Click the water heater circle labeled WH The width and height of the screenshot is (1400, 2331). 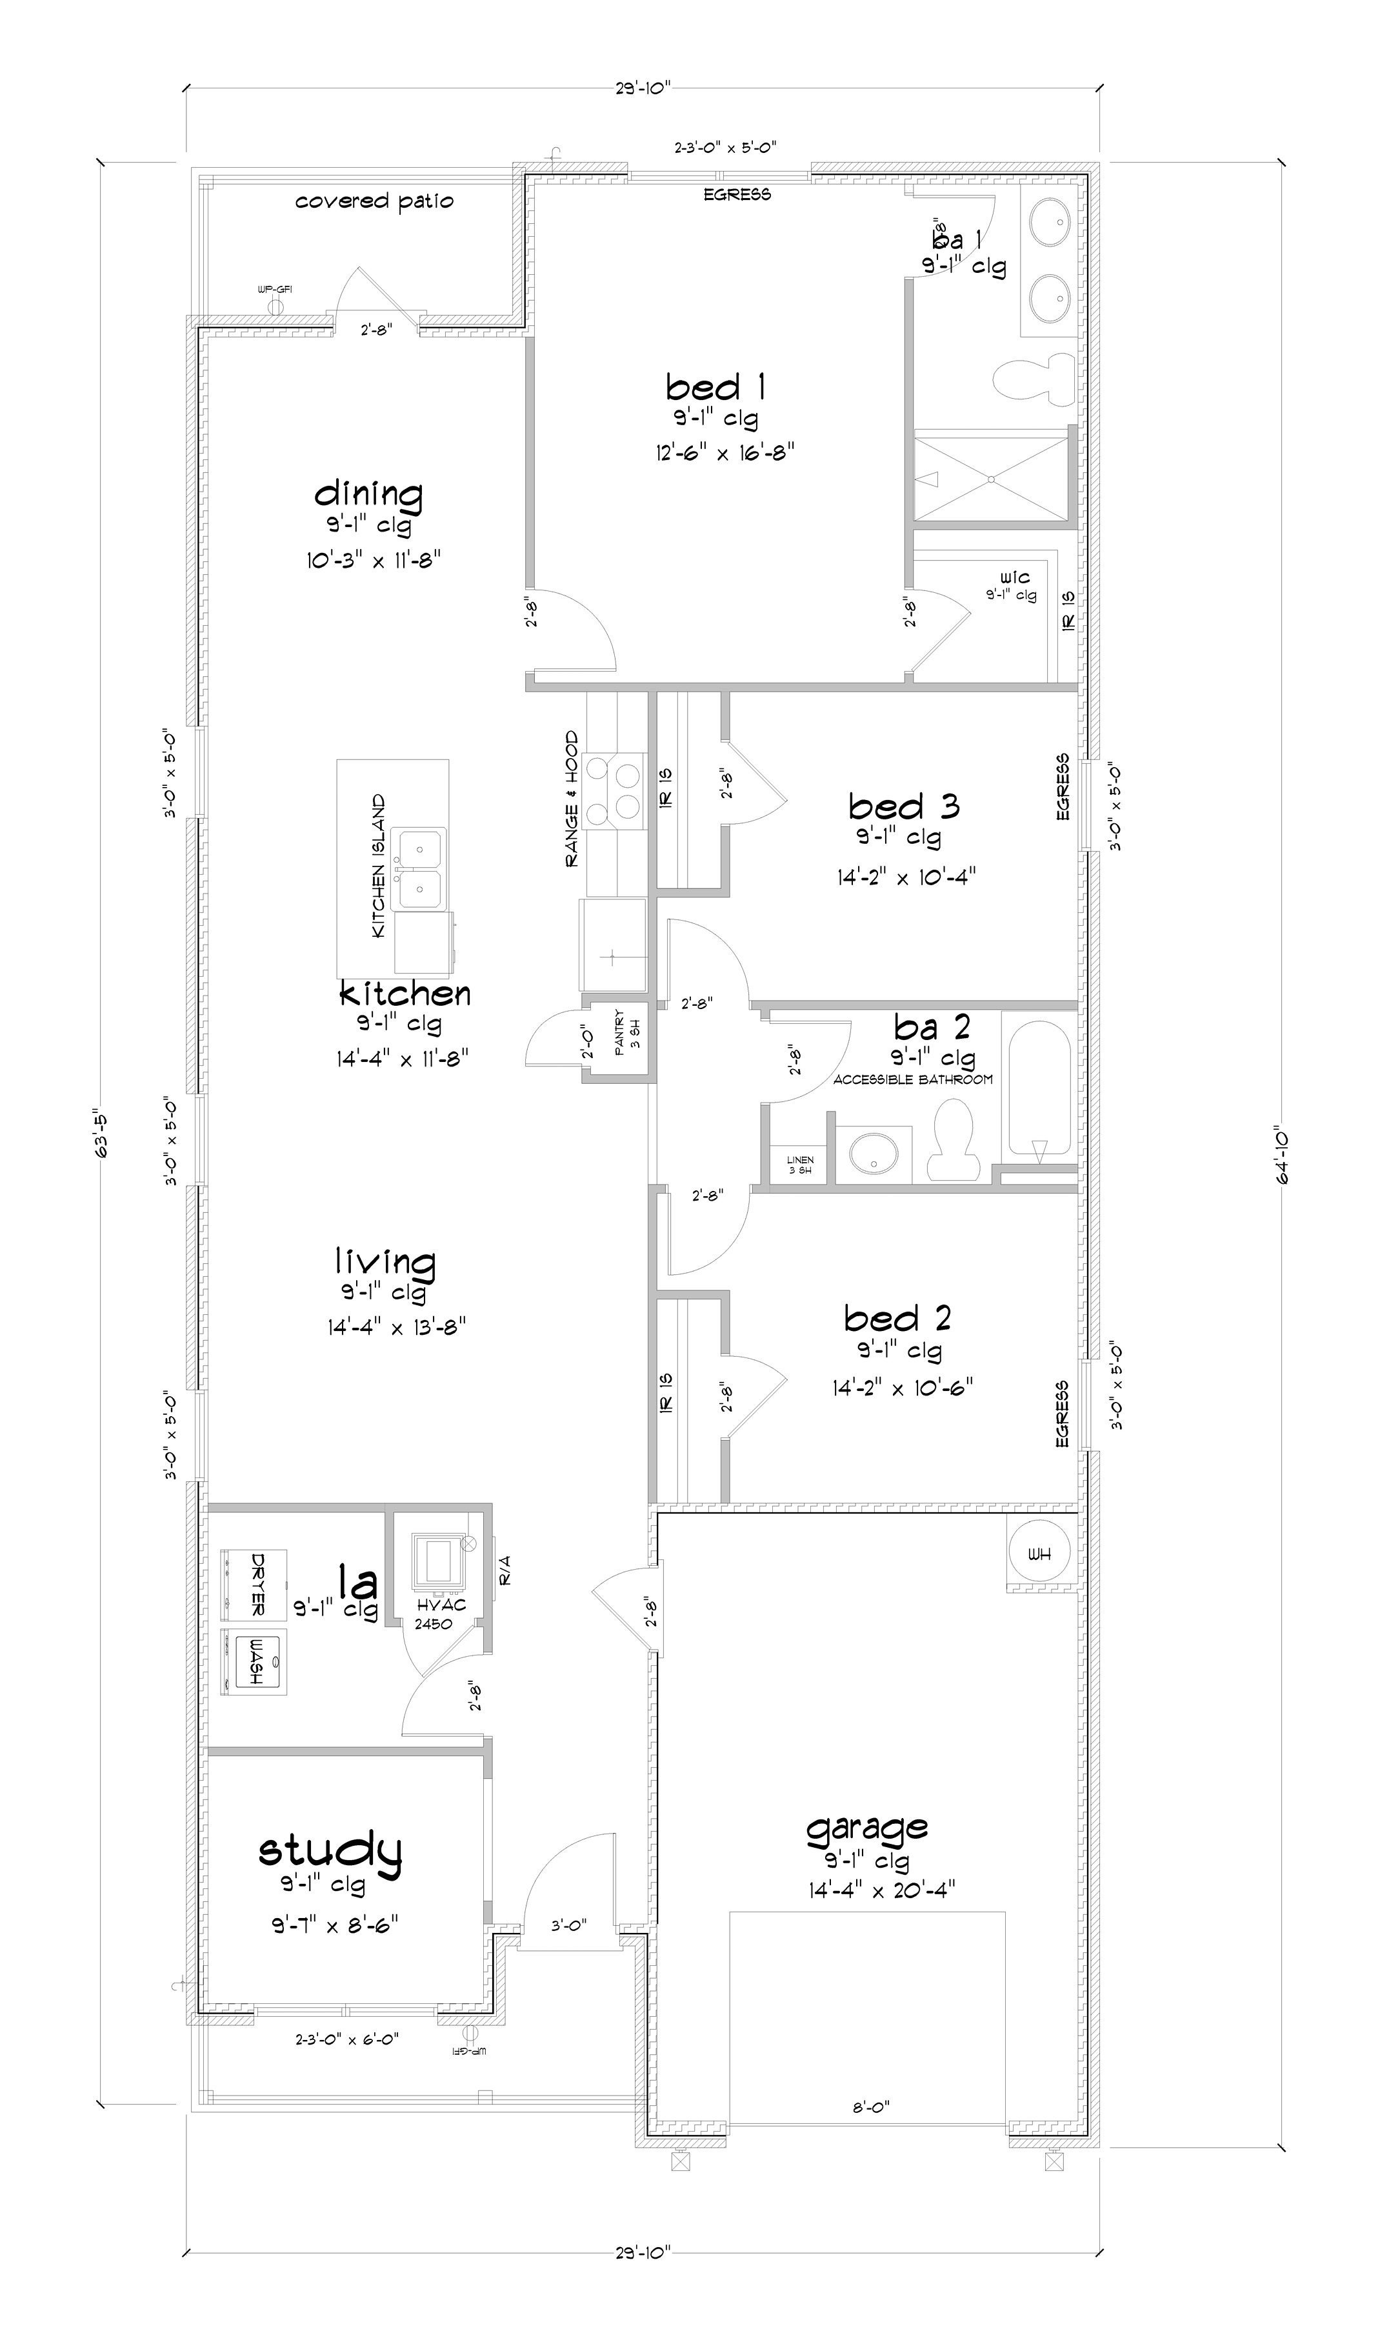[1039, 1554]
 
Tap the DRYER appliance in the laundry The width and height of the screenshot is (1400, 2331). [253, 1585]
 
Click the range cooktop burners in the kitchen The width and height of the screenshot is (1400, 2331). [613, 790]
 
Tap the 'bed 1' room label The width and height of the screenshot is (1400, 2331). [714, 386]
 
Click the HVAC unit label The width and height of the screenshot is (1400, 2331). [441, 1606]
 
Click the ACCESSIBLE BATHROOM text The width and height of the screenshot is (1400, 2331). [912, 1080]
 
